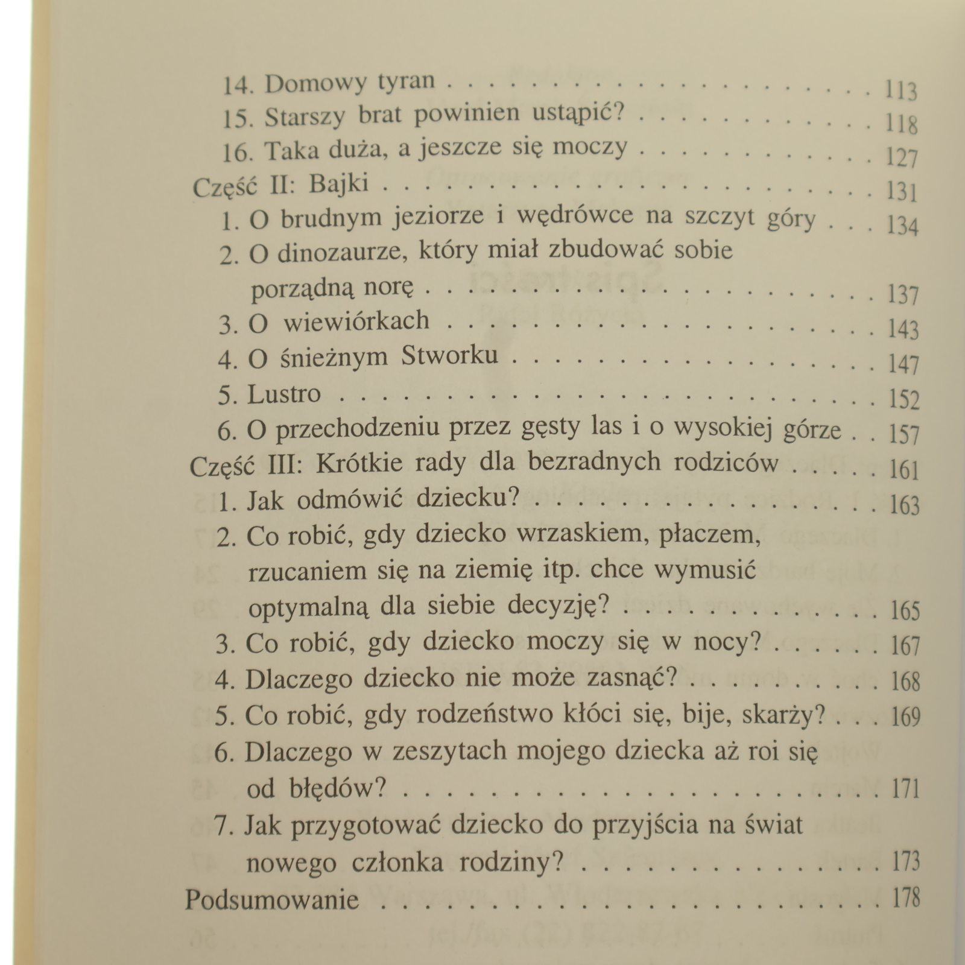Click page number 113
click(x=901, y=90)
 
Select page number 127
click(x=902, y=158)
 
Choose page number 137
click(x=903, y=296)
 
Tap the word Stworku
click(x=449, y=356)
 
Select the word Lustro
click(x=284, y=394)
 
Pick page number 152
click(x=903, y=399)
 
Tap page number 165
click(x=905, y=611)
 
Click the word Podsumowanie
click(x=271, y=900)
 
